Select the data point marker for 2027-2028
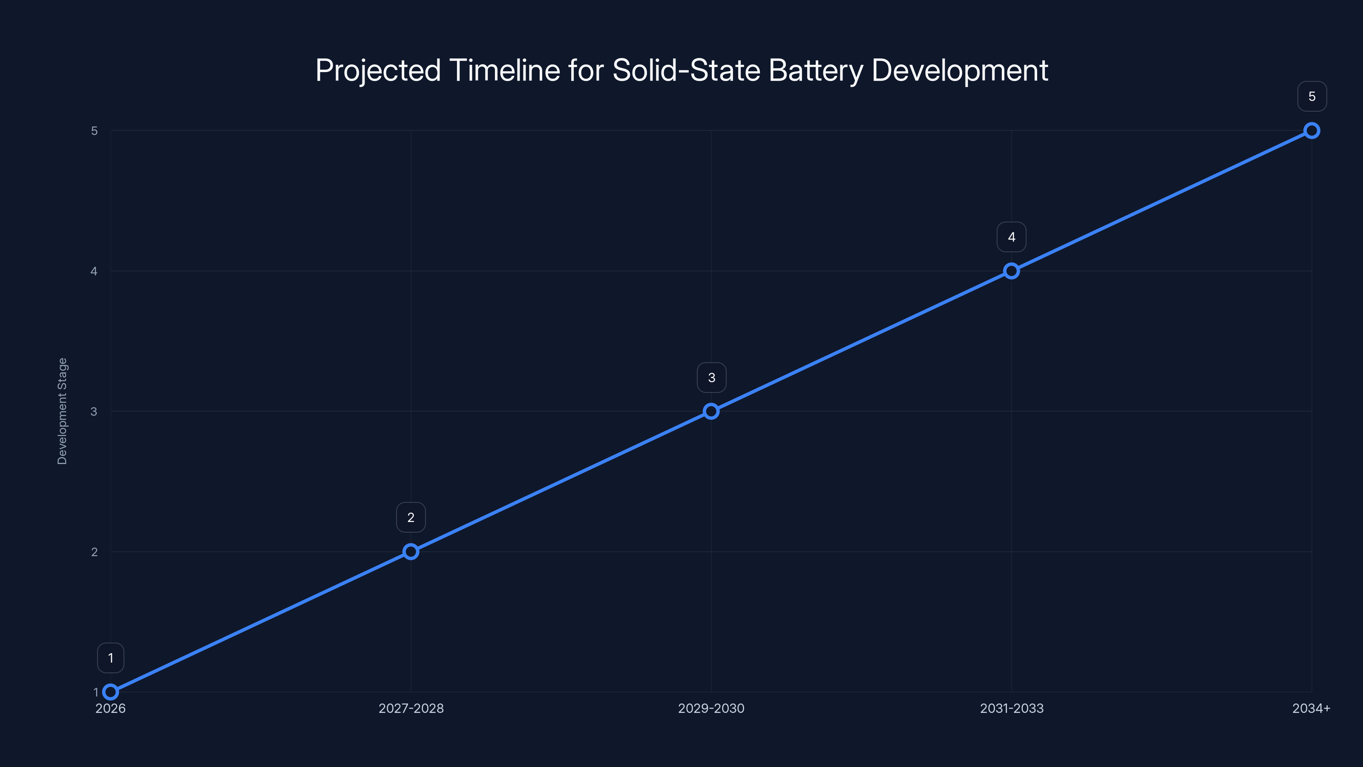pos(411,551)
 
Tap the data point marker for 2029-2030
pos(711,411)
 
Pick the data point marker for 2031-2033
pos(1011,271)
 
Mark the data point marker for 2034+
pos(1312,131)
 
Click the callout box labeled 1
pos(111,658)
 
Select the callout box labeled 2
pos(411,517)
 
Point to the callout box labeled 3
pos(711,378)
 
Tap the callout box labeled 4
pos(1011,237)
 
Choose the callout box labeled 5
pos(1312,96)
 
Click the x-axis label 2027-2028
pos(411,708)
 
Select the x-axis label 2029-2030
pos(711,708)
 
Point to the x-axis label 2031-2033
pos(1011,708)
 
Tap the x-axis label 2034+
pos(1311,708)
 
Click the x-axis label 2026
pos(111,708)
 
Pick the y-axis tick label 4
pos(94,271)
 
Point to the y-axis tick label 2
pos(94,551)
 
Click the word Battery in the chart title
pos(815,71)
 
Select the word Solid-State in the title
pos(686,70)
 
